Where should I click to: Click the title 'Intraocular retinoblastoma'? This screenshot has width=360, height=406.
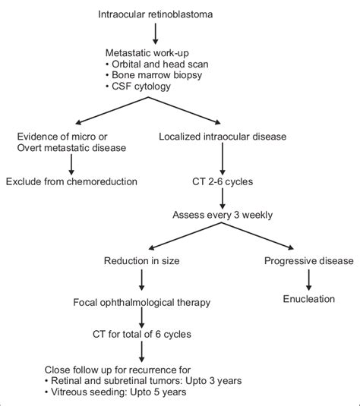(x=155, y=14)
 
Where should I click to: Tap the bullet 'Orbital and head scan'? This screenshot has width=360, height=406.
(x=156, y=64)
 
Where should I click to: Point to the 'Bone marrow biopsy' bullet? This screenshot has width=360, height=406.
(x=153, y=76)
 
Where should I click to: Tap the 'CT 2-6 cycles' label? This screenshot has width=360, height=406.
(x=222, y=181)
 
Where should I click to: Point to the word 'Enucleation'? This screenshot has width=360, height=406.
(x=308, y=299)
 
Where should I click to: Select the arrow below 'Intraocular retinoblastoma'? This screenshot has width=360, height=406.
(x=155, y=33)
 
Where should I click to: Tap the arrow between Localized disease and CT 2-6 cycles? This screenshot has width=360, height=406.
(x=222, y=159)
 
